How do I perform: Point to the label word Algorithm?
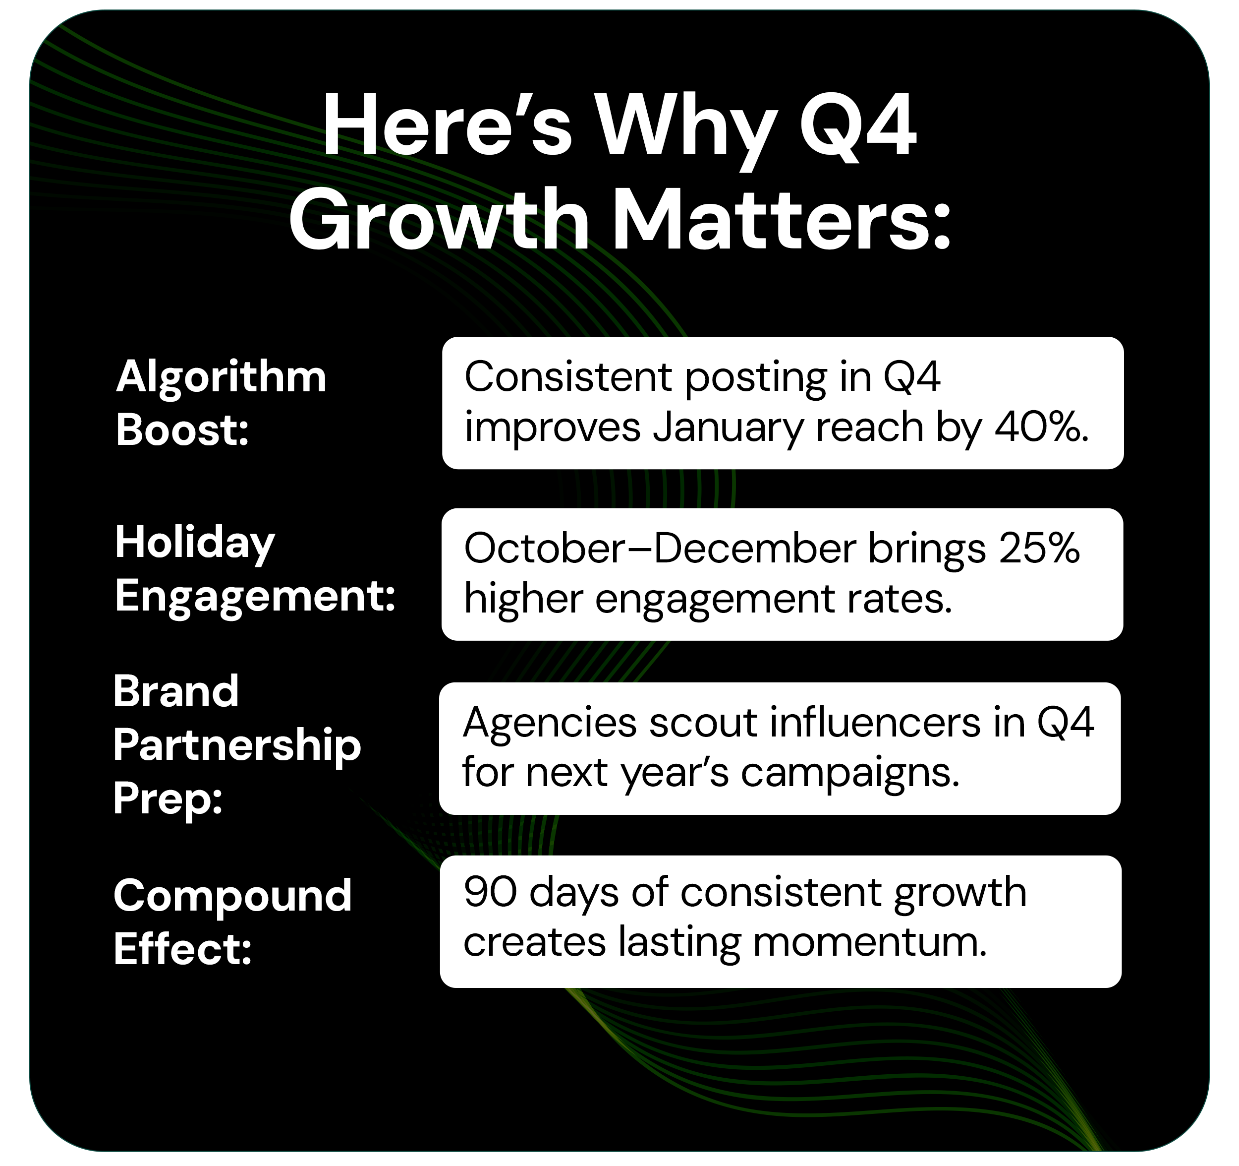(x=221, y=377)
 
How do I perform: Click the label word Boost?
(x=182, y=430)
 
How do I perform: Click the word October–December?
(x=660, y=549)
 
